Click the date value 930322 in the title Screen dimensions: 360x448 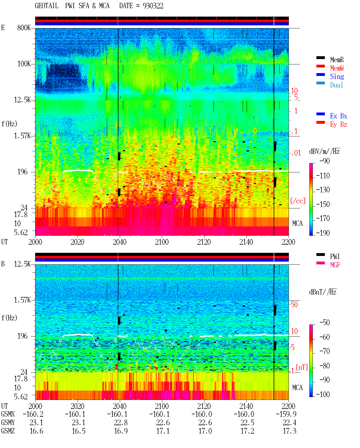point(153,6)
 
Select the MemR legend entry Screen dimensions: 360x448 point(337,60)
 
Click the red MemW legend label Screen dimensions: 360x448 point(337,68)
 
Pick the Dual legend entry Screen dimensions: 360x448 point(337,85)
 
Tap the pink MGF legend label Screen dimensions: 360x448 point(335,265)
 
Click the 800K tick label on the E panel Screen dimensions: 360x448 point(24,28)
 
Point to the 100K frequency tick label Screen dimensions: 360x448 point(24,64)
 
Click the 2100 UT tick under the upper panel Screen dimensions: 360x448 point(162,242)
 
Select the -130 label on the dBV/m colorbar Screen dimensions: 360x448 point(323,190)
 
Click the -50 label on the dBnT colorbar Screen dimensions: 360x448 point(325,323)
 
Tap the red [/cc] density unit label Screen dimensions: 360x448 point(298,201)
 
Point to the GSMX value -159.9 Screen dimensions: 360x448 point(286,414)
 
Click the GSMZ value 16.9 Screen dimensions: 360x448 point(121,431)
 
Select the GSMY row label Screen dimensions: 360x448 point(8,423)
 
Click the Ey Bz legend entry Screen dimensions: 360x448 point(339,125)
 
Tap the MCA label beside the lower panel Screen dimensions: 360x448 point(297,388)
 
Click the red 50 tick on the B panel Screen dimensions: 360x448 point(294,305)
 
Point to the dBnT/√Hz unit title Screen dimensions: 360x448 point(323,292)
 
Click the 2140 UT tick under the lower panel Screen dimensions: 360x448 point(246,406)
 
